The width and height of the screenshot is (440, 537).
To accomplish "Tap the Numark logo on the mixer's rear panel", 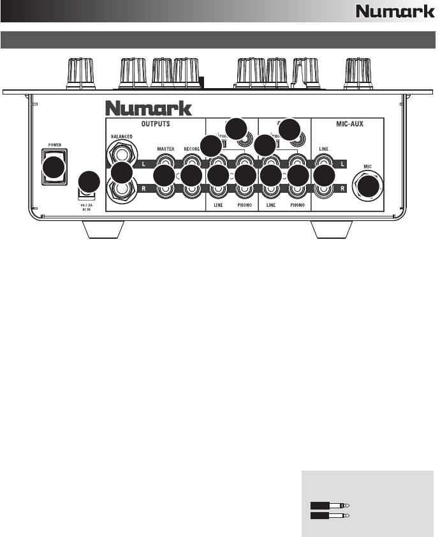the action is point(149,107).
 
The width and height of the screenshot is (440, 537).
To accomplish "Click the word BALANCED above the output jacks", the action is point(121,136).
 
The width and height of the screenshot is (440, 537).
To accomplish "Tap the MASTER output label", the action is point(165,149).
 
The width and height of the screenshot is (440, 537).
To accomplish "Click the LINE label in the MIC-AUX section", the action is point(325,149).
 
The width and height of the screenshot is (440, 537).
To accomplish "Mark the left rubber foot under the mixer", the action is point(104,229).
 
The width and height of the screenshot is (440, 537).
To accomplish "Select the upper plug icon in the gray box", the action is point(330,505).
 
